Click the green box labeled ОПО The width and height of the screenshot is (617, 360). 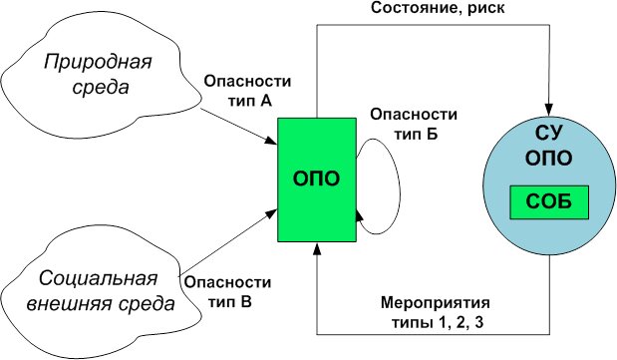[317, 180]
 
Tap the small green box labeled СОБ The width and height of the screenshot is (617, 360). [547, 203]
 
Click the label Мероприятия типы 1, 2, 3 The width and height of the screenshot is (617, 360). [437, 310]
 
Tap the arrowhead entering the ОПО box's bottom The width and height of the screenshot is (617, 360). [317, 250]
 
